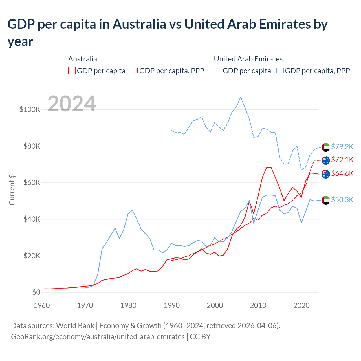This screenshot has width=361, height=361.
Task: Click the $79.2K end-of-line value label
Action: pyautogui.click(x=342, y=147)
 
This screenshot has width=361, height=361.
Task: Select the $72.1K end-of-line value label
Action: pyautogui.click(x=342, y=160)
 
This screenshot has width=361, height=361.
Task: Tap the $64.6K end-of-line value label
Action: pyautogui.click(x=342, y=173)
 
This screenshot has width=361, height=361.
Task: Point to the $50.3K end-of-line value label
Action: pyautogui.click(x=342, y=200)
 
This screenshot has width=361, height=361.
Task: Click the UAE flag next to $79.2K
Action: pyautogui.click(x=326, y=147)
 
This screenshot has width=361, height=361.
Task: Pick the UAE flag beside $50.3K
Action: pyautogui.click(x=326, y=200)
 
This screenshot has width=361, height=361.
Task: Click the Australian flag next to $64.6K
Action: pyautogui.click(x=326, y=174)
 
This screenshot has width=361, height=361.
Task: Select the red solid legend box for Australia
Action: pyautogui.click(x=72, y=71)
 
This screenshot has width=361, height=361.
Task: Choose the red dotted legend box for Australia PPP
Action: pyautogui.click(x=134, y=71)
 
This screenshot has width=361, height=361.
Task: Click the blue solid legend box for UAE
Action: pyautogui.click(x=217, y=71)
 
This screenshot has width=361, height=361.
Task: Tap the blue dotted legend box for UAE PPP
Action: pyautogui.click(x=280, y=71)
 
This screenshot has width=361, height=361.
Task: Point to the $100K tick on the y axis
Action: pyautogui.click(x=30, y=109)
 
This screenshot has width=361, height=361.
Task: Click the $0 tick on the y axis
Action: pyautogui.click(x=36, y=292)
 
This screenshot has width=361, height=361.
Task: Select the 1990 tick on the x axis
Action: pyautogui.click(x=171, y=305)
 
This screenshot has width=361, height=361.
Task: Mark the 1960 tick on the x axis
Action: pyautogui.click(x=42, y=305)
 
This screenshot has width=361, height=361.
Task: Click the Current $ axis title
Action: pyautogui.click(x=12, y=190)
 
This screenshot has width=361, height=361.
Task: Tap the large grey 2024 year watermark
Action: pyautogui.click(x=72, y=104)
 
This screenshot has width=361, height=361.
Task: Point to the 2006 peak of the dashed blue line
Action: pyautogui.click(x=241, y=97)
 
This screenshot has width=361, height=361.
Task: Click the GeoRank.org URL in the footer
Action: pyautogui.click(x=98, y=336)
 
